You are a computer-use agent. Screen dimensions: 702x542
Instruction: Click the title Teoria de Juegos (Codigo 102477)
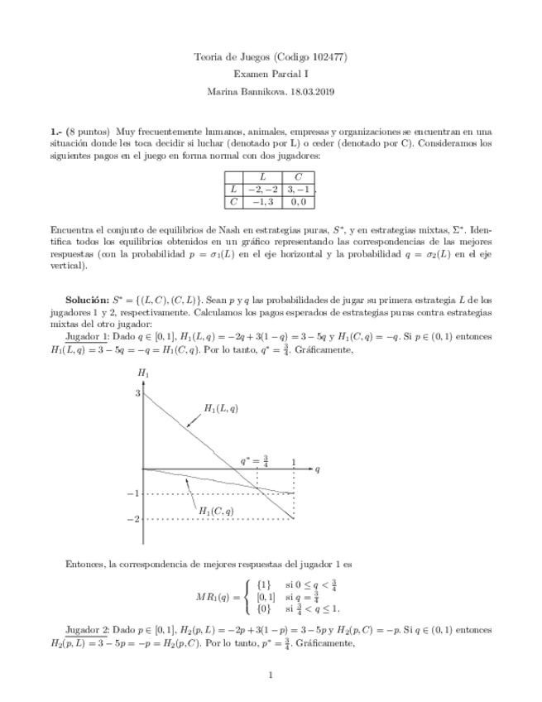(x=270, y=57)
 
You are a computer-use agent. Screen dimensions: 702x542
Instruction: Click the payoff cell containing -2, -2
(x=262, y=189)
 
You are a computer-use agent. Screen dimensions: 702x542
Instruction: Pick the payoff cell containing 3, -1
(x=297, y=189)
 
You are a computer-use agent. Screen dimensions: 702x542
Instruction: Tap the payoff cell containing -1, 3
(x=262, y=201)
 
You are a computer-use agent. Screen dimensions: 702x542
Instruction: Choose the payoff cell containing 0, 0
(x=297, y=201)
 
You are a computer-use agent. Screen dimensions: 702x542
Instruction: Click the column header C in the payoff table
(x=297, y=176)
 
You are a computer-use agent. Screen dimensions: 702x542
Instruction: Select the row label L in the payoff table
(x=233, y=189)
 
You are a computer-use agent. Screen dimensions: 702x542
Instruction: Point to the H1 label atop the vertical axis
(x=143, y=374)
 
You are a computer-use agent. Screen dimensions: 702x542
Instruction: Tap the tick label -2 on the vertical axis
(x=133, y=519)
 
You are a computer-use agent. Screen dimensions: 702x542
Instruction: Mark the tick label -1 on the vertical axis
(x=133, y=494)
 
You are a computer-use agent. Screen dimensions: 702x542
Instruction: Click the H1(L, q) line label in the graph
(x=221, y=408)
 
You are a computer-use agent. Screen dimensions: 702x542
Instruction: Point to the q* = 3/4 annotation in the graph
(x=255, y=459)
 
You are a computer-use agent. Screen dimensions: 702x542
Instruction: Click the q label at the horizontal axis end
(x=317, y=469)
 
